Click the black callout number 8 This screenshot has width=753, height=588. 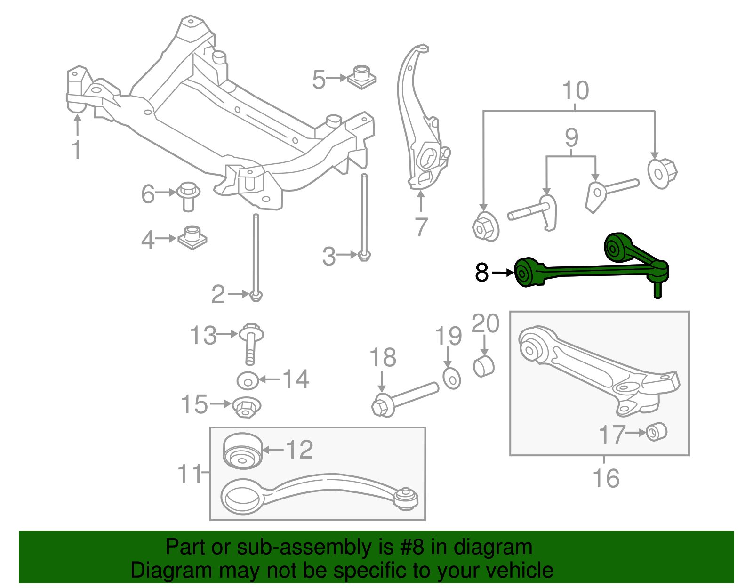pos(482,273)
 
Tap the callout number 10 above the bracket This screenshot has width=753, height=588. pos(575,90)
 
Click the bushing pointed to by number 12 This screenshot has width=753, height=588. pos(242,451)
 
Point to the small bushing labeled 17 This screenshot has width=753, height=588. pos(657,432)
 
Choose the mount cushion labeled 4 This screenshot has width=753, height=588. pos(192,237)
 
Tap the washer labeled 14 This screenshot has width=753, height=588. pos(248,380)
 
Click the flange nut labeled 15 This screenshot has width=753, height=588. pos(247,407)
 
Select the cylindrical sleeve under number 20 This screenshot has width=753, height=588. pos(483,367)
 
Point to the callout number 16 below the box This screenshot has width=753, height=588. pos(606,478)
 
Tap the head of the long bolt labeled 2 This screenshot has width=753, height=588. pos(256,296)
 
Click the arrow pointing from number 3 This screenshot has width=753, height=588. pos(347,255)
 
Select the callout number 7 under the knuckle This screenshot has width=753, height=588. pos(421,227)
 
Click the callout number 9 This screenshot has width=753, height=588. pos(571,137)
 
